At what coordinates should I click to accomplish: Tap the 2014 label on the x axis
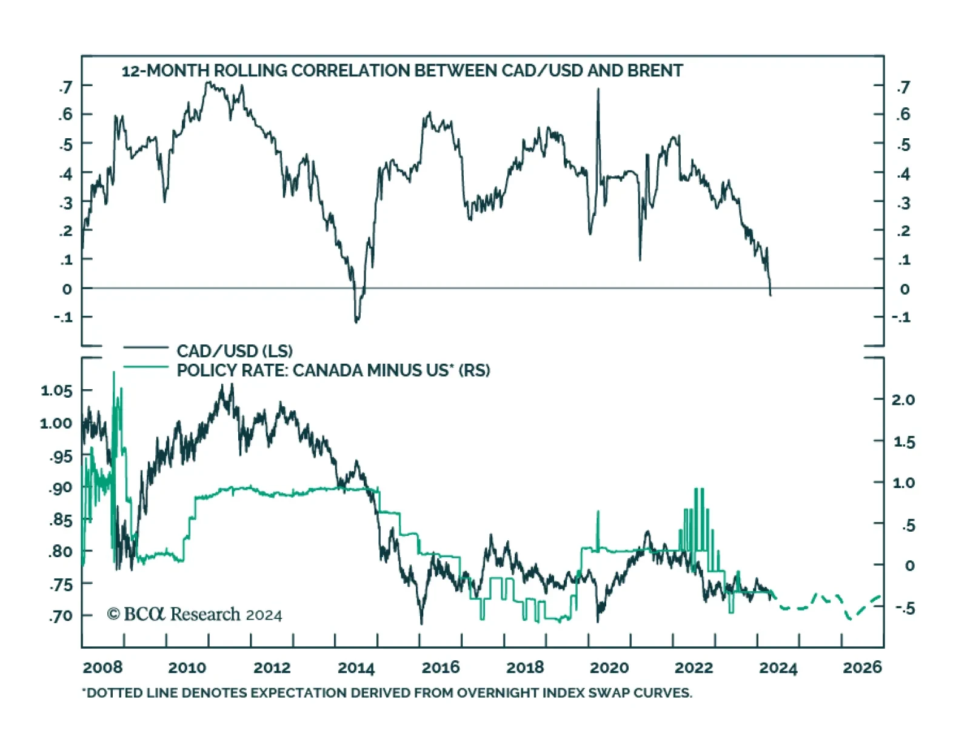[356, 667]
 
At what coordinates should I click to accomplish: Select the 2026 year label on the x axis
[862, 667]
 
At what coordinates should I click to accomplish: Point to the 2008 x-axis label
[102, 667]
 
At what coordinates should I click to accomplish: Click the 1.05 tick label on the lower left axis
[56, 390]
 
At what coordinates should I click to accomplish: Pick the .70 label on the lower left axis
[61, 616]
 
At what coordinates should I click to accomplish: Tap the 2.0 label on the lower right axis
[903, 400]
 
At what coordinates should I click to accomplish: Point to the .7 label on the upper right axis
[903, 87]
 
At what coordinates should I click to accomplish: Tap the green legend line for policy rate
[145, 367]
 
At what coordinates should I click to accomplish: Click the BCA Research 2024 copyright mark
[195, 615]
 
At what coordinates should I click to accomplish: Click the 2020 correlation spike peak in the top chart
[598, 90]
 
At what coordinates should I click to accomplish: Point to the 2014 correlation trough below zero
[356, 321]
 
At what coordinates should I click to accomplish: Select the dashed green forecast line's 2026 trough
[850, 618]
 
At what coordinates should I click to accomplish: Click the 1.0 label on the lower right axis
[903, 483]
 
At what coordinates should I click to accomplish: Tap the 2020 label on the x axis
[609, 667]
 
